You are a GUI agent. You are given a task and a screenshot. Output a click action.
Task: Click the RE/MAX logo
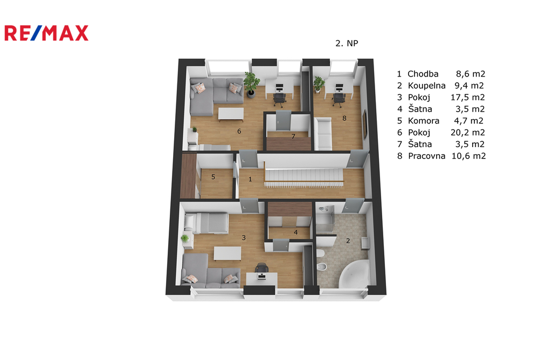tap(46, 33)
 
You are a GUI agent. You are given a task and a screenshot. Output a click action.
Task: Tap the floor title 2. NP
tap(347, 43)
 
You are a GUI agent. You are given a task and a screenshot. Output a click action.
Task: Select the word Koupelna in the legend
tap(427, 86)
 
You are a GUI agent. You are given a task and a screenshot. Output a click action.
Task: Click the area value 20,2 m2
tap(468, 133)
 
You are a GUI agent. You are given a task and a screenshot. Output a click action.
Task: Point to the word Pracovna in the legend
tap(427, 156)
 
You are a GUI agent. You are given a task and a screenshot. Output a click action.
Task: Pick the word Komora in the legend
tap(424, 121)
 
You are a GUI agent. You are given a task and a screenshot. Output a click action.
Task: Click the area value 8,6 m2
tap(471, 74)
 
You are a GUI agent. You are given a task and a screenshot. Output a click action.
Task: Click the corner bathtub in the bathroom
tap(354, 274)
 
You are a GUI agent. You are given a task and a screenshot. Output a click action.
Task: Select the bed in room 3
tap(206, 223)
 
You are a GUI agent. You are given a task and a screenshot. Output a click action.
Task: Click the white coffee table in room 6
tap(231, 114)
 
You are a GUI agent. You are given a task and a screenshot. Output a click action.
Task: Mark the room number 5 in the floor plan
tap(213, 177)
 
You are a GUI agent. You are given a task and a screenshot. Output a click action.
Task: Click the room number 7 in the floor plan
tap(293, 136)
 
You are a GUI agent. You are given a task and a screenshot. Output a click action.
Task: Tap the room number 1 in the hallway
tap(250, 179)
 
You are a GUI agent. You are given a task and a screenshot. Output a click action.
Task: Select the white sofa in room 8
tap(323, 134)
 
